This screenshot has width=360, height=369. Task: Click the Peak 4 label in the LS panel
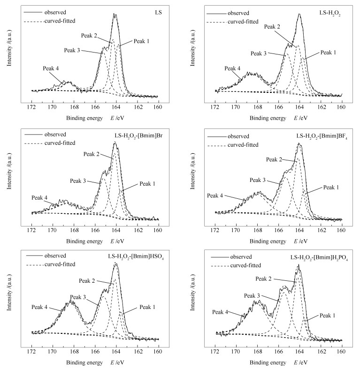[51, 68]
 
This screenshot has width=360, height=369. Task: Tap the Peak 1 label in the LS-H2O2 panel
[329, 53]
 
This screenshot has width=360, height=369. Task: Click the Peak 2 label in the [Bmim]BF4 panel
[274, 160]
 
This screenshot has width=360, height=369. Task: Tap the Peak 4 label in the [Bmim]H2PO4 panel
[220, 312]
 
